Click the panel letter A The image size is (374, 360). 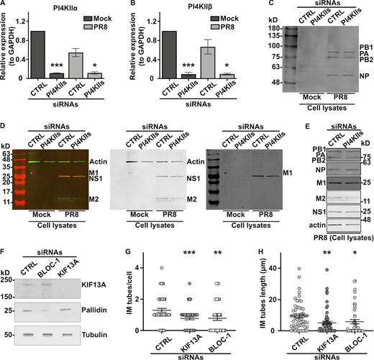(4, 5)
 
